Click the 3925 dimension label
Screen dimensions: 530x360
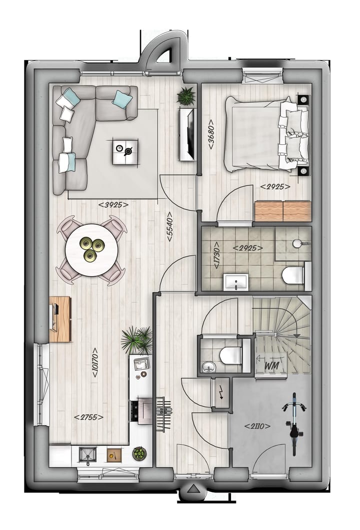pyautogui.click(x=113, y=205)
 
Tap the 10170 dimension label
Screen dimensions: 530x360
pyautogui.click(x=94, y=362)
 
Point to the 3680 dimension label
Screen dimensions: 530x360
pyautogui.click(x=212, y=134)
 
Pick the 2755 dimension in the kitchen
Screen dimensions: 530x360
pyautogui.click(x=88, y=417)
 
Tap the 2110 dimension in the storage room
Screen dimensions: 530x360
pyautogui.click(x=257, y=426)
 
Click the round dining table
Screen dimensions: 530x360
pyautogui.click(x=92, y=250)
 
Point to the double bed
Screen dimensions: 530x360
pyautogui.click(x=265, y=133)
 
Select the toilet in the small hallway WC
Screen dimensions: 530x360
pyautogui.click(x=229, y=355)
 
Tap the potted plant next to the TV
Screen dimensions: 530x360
pyautogui.click(x=186, y=96)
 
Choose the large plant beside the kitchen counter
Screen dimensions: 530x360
pyautogui.click(x=137, y=340)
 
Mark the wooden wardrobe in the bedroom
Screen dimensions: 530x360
pyautogui.click(x=282, y=211)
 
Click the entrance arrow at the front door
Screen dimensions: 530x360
pyautogui.click(x=192, y=493)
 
